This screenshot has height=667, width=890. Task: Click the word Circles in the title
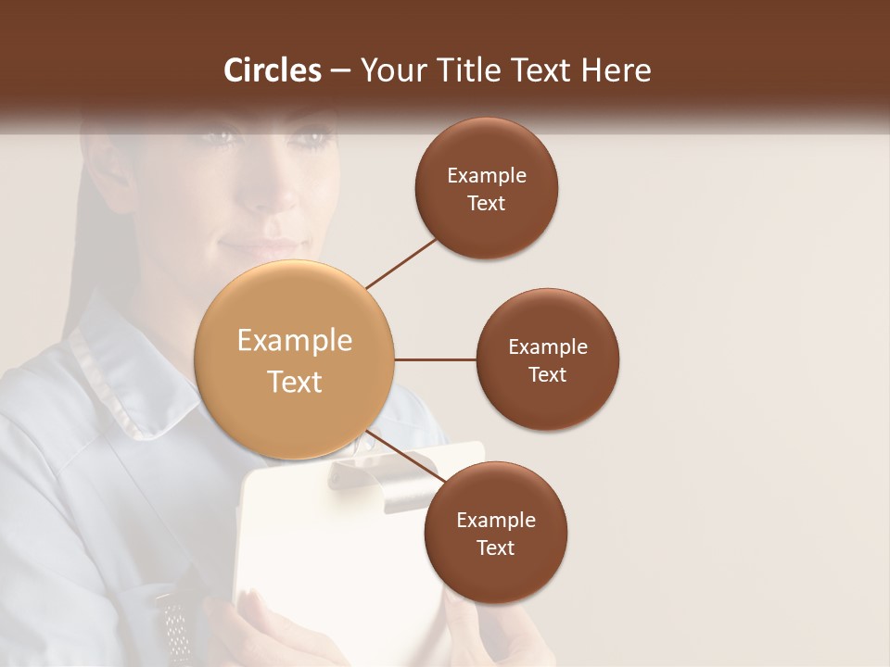273,70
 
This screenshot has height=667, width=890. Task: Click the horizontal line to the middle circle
436,359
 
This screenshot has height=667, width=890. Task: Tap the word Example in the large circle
295,341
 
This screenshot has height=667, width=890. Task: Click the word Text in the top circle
486,204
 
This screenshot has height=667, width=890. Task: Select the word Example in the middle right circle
548,347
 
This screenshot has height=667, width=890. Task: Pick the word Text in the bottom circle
496,548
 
